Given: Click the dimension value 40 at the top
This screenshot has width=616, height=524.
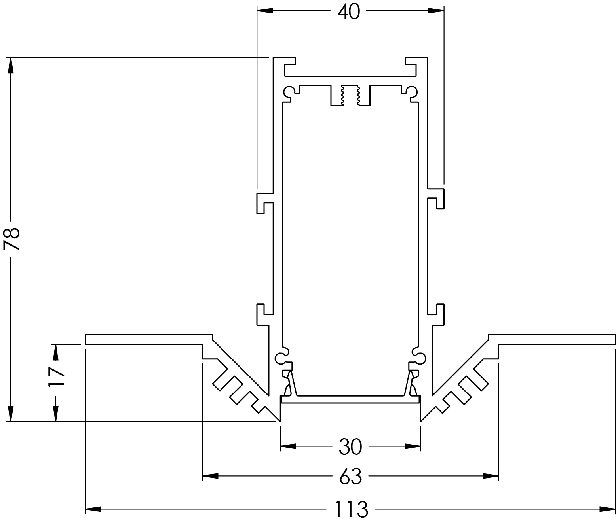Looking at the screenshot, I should [349, 12].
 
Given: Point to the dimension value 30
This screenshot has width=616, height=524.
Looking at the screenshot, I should [350, 447].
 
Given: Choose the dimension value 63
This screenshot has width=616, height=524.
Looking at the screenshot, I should [350, 477].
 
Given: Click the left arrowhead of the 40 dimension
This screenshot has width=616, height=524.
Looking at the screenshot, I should [265, 11].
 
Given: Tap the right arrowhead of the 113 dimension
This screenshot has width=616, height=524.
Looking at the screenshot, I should [608, 509].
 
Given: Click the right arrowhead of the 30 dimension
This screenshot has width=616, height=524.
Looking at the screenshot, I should [413, 446].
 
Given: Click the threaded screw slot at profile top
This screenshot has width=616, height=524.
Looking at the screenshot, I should [350, 96].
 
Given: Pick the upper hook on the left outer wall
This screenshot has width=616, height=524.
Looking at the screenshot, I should [264, 202].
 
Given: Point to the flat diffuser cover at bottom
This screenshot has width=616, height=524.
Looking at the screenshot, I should [350, 400].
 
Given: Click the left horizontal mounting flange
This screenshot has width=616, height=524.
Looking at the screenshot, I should [146, 339].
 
